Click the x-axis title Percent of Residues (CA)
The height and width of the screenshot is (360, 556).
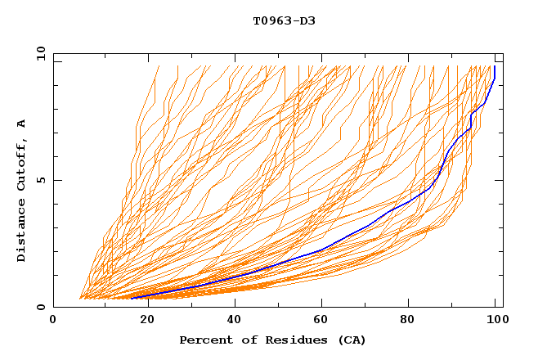(273, 340)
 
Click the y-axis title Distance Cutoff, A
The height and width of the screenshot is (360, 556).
(21, 191)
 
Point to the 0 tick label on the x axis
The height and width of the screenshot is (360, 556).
(53, 320)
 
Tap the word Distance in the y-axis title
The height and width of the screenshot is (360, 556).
(21, 228)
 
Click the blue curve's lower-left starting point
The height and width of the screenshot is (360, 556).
(131, 299)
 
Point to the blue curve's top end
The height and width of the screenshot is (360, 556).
(495, 67)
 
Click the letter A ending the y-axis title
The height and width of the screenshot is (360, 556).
(21, 124)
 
